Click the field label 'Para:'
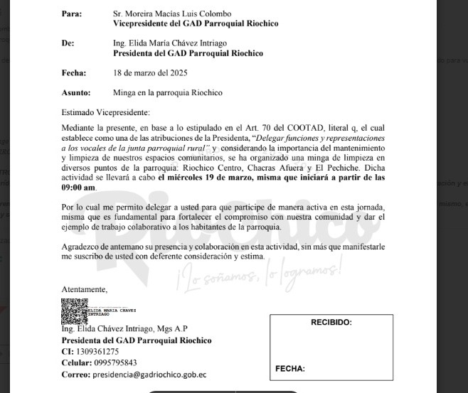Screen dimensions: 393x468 coord(72,14)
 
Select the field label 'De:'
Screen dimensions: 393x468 coord(68,43)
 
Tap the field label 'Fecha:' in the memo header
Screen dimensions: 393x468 coord(74,72)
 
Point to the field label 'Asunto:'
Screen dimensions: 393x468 coord(76,92)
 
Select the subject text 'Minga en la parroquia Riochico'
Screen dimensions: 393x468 coord(167,92)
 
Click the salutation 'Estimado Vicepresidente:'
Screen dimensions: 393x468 coord(106,112)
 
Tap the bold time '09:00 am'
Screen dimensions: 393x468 coord(78,188)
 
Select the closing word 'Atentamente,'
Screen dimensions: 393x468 coord(85,289)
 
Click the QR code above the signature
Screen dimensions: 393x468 coord(74,311)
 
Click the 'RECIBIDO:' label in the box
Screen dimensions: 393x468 coord(331,323)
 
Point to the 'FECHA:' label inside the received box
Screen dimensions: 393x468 coord(290,369)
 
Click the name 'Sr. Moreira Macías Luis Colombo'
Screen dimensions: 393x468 coord(172,14)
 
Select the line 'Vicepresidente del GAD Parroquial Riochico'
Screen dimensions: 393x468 coord(196,23)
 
